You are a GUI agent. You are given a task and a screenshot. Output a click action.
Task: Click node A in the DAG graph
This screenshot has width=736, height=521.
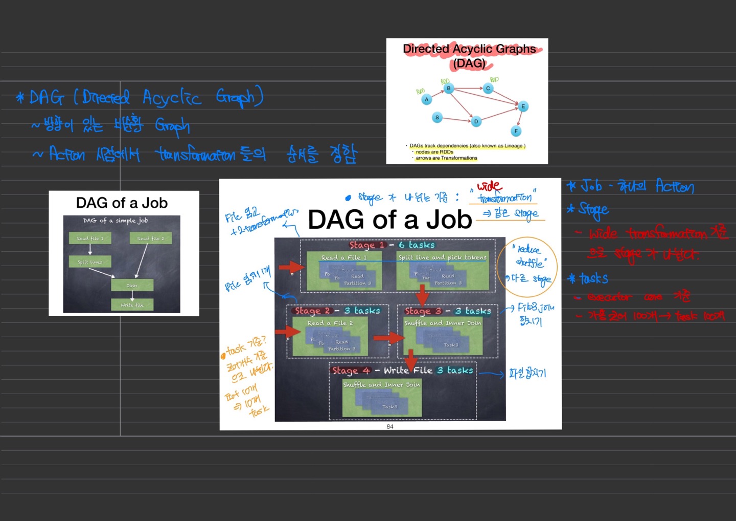click(426, 100)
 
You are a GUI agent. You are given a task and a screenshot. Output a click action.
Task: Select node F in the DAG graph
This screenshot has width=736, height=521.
click(516, 132)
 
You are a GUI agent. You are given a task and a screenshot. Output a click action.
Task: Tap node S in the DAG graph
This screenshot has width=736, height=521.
click(437, 118)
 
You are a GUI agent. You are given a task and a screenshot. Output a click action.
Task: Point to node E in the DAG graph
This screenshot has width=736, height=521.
click(523, 106)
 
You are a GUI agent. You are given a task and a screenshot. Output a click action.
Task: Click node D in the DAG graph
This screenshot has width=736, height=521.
click(476, 122)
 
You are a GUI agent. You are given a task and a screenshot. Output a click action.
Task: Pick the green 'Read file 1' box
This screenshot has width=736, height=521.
click(90, 238)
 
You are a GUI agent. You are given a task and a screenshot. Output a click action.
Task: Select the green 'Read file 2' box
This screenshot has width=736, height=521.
click(151, 238)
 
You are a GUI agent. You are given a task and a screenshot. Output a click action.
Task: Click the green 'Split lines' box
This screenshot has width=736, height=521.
click(90, 262)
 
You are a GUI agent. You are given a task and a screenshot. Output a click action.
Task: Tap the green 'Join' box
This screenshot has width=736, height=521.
click(132, 285)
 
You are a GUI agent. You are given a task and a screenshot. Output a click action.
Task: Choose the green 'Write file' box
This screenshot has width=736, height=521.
click(132, 305)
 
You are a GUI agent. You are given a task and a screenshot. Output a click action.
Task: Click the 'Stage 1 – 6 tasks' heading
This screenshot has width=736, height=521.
click(392, 245)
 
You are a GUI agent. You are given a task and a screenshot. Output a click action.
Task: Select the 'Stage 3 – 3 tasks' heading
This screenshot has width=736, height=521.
click(448, 311)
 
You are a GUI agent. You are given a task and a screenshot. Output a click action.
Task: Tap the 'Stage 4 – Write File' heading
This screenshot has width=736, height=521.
click(402, 370)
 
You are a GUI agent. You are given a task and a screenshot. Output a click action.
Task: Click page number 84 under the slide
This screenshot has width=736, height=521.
click(390, 426)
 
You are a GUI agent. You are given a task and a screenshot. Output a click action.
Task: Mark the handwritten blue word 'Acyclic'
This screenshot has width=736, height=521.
click(172, 97)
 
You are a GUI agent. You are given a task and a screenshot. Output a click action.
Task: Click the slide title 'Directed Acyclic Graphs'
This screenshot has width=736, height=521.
click(469, 49)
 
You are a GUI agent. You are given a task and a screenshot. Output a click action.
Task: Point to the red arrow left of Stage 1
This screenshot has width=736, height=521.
click(292, 267)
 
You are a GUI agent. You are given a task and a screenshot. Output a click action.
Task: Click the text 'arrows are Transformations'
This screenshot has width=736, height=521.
click(446, 158)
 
